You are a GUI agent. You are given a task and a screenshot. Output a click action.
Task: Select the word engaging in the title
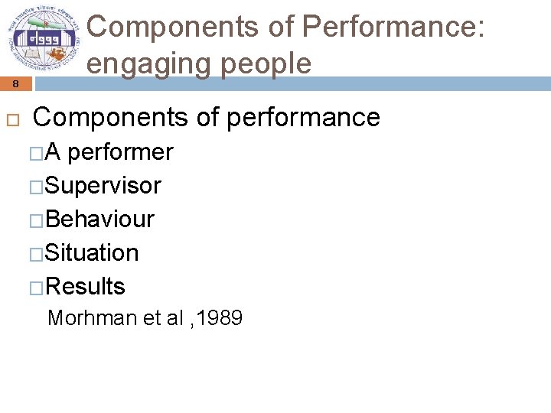(x=153, y=64)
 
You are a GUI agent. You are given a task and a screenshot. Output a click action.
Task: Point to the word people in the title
(x=267, y=64)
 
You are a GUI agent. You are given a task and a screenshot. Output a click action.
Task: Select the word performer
(x=121, y=152)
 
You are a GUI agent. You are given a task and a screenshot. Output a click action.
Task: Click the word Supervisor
(x=103, y=186)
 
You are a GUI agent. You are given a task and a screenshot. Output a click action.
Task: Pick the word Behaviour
(x=100, y=220)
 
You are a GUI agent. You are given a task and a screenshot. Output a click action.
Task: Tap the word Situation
(x=93, y=253)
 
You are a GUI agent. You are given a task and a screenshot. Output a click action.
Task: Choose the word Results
(x=86, y=287)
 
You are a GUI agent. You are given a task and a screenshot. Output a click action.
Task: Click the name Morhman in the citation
(x=91, y=318)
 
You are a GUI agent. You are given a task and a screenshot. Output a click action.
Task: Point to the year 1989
(x=219, y=318)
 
